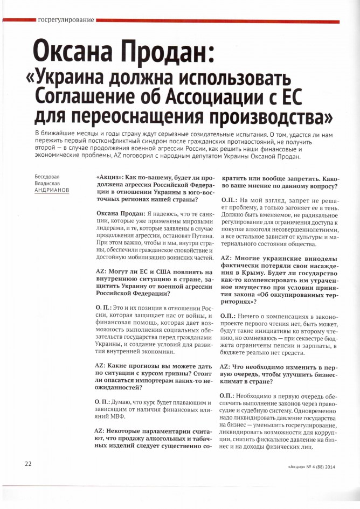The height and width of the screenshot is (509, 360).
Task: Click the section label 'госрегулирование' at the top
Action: coord(66,20)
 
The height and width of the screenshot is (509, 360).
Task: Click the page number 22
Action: coord(27,463)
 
